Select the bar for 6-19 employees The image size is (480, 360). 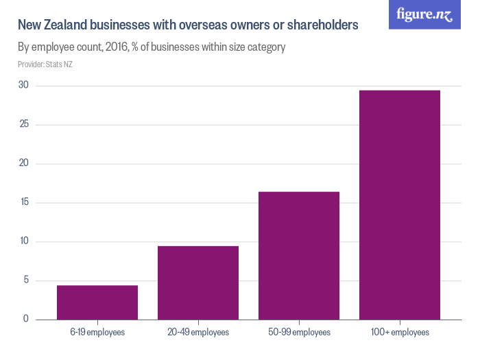coord(97,302)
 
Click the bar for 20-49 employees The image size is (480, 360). coord(198,283)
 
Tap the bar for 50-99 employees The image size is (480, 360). coord(299,255)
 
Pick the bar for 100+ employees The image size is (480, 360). coord(400,204)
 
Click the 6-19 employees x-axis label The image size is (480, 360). coord(97,333)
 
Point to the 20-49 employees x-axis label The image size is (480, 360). coord(198,333)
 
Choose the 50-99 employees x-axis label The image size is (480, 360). coord(299,333)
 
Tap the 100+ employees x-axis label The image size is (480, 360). coord(400,333)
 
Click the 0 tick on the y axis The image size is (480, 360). coord(25,319)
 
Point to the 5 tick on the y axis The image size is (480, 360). coord(25,280)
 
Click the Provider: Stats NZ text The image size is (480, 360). coord(45,64)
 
